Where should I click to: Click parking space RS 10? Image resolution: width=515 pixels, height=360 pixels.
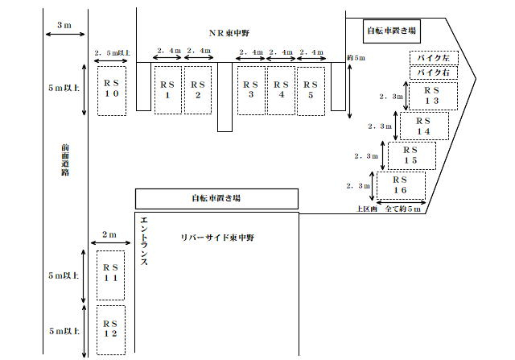(x=112, y=91)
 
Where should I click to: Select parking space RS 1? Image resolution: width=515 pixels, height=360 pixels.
(x=168, y=90)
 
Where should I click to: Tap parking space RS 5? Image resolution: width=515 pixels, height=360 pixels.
(x=311, y=91)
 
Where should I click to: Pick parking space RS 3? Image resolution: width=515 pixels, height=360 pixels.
(x=251, y=90)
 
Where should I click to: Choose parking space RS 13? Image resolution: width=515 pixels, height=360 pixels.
(x=433, y=96)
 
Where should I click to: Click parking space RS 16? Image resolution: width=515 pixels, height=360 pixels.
(x=401, y=185)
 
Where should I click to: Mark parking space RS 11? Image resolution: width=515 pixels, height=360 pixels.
(x=111, y=275)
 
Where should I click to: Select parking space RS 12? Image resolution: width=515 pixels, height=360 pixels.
(x=111, y=330)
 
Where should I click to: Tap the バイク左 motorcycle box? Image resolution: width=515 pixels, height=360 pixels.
(x=434, y=58)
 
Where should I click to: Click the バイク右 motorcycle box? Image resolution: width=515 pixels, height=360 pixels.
(x=434, y=72)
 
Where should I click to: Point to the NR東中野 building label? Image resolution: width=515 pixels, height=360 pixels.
(x=229, y=33)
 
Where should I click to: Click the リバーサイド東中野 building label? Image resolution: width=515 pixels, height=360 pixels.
(x=217, y=238)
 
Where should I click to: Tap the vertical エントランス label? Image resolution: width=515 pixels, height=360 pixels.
(x=144, y=241)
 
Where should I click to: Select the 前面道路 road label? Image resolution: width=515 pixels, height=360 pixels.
(x=65, y=159)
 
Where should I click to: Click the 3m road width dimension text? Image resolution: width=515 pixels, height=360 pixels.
(x=64, y=25)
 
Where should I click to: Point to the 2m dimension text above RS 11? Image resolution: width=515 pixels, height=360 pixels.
(x=109, y=234)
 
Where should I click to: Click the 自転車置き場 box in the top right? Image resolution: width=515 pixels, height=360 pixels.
(x=392, y=31)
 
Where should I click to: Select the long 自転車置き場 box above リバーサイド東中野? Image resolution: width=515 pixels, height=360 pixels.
(x=216, y=199)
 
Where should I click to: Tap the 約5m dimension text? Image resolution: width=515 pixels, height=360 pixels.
(x=356, y=58)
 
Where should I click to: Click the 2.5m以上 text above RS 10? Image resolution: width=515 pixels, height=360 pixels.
(x=112, y=52)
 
